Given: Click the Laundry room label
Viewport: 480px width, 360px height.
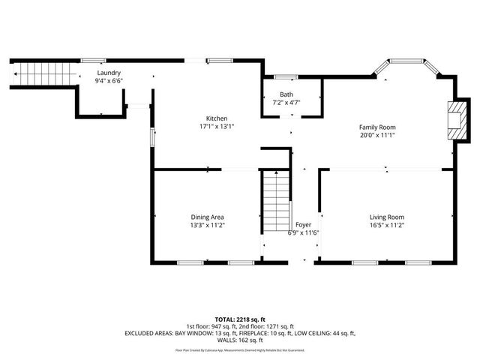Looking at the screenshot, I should [108, 73].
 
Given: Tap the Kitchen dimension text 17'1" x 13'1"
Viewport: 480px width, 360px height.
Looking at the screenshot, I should [217, 127].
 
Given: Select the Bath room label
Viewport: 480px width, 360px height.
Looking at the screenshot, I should [286, 94].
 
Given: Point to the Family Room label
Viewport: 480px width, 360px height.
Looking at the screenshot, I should [376, 127].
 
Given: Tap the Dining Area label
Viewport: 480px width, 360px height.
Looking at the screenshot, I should [207, 217].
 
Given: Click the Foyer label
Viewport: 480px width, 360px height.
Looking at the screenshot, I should [303, 224].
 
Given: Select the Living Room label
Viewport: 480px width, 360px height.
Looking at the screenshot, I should [386, 217].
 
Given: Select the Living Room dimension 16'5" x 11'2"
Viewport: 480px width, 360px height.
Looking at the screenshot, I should [386, 225].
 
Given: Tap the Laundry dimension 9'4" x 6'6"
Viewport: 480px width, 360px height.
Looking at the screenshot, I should [108, 80].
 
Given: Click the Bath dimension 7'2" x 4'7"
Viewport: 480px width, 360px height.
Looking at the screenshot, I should [286, 102].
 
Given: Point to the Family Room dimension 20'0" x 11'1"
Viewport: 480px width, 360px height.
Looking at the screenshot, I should [376, 135].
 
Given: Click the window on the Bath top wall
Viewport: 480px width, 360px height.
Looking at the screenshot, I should [283, 76].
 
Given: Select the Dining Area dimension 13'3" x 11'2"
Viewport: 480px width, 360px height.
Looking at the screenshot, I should [207, 225].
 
